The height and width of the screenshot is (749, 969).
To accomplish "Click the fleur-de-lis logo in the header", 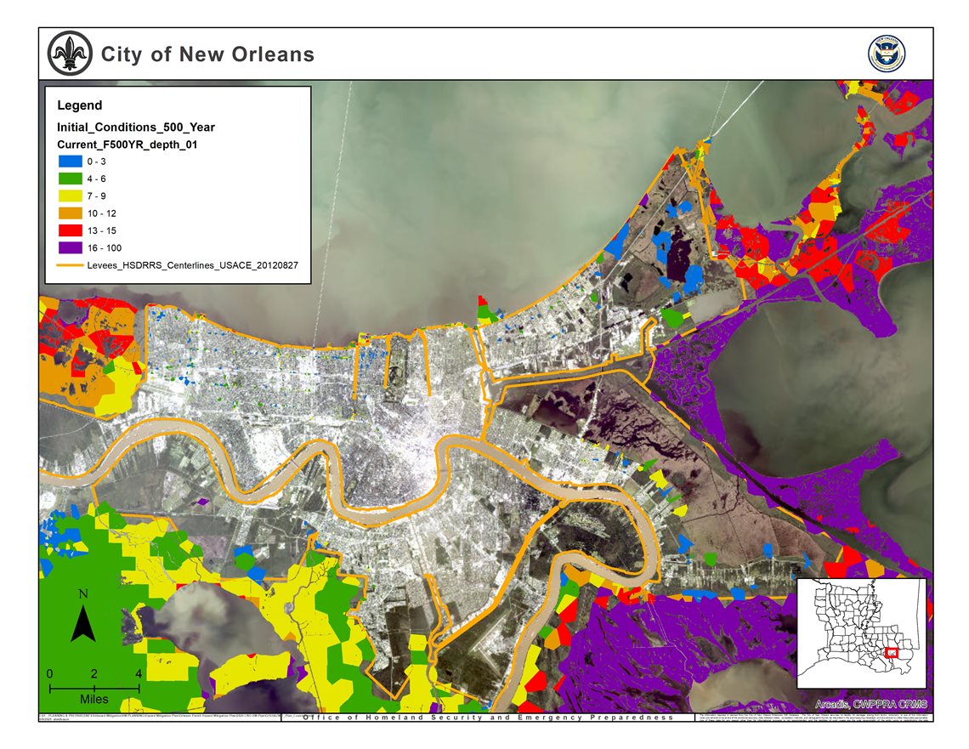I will pyautogui.click(x=69, y=54).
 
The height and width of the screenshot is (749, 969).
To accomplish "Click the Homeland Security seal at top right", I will pyautogui.click(x=886, y=54).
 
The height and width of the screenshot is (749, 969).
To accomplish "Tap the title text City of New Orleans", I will pyautogui.click(x=207, y=54).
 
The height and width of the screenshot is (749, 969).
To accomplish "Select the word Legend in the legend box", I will pyautogui.click(x=79, y=105).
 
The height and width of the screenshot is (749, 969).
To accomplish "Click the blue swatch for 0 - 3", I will pyautogui.click(x=70, y=162).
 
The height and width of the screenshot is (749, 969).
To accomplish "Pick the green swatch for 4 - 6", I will pyautogui.click(x=70, y=179).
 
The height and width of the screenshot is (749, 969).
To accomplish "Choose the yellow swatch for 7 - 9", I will pyautogui.click(x=70, y=196).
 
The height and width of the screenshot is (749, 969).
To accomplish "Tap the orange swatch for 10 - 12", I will pyautogui.click(x=70, y=213).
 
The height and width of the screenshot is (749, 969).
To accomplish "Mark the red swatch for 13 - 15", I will pyautogui.click(x=70, y=230).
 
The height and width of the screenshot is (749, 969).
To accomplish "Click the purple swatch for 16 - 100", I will pyautogui.click(x=70, y=247).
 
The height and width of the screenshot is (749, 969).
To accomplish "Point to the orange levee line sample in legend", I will pyautogui.click(x=70, y=265).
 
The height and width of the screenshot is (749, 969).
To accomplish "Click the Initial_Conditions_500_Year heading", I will pyautogui.click(x=135, y=128).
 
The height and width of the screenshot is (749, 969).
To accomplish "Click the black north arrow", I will pyautogui.click(x=82, y=625).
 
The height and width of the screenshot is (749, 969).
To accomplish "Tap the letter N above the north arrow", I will pyautogui.click(x=82, y=594).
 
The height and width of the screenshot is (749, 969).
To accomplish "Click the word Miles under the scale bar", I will pyautogui.click(x=94, y=698).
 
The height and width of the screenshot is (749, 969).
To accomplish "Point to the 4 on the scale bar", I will pyautogui.click(x=138, y=673).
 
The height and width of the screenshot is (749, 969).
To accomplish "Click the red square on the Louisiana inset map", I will pyautogui.click(x=892, y=653).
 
